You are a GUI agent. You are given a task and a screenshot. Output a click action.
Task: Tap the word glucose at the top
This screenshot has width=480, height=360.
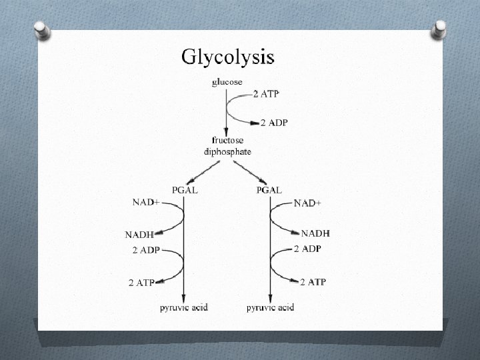click(227, 82)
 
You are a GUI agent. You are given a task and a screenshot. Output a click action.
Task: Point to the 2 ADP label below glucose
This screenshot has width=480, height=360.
click(274, 123)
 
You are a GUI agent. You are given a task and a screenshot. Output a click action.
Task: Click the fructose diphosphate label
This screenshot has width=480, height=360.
click(227, 145)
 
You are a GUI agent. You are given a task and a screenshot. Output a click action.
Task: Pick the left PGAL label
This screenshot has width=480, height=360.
click(185, 189)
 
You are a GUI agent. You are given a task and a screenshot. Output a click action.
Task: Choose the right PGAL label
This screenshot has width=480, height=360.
click(269, 189)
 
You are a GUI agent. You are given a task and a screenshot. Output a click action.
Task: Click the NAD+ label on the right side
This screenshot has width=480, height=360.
click(307, 203)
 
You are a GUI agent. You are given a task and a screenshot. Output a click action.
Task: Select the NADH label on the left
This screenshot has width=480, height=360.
click(139, 234)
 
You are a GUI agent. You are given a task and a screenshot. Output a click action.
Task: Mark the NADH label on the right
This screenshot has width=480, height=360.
click(315, 233)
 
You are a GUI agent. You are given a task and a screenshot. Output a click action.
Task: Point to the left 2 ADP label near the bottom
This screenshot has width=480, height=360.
click(146, 251)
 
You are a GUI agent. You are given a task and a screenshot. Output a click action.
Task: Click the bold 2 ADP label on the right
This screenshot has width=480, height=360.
click(307, 249)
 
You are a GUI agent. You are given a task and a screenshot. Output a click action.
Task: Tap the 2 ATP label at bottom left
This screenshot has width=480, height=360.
click(141, 283)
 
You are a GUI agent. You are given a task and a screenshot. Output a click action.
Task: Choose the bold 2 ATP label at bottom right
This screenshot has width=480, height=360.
click(313, 282)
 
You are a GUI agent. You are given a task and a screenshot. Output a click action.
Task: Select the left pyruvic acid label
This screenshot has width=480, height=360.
click(184, 307)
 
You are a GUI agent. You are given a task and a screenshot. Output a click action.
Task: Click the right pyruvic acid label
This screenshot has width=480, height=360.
click(270, 307)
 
